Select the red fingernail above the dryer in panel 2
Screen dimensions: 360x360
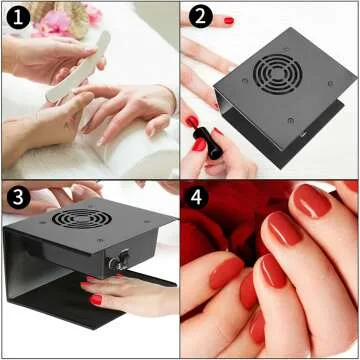228,19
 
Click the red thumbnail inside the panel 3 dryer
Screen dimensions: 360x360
96,299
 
